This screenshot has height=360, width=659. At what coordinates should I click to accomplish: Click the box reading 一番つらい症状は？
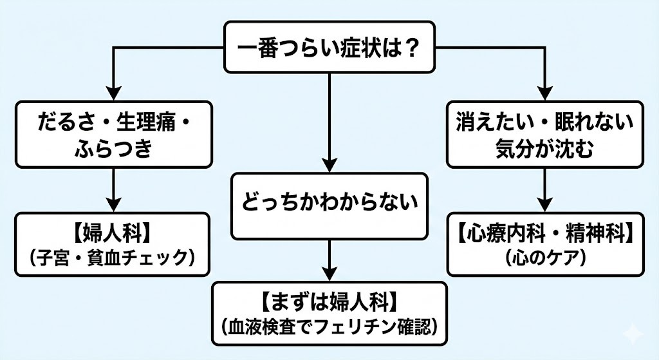[329, 48]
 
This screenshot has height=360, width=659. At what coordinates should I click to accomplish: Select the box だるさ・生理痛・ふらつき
[113, 133]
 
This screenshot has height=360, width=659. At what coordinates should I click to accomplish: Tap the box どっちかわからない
[329, 205]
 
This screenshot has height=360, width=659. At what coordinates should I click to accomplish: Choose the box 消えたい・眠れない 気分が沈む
[545, 133]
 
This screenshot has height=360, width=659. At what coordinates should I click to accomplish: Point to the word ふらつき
[113, 149]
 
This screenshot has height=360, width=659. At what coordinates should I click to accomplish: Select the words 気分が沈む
[545, 149]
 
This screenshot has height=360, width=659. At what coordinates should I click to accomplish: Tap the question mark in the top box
[422, 48]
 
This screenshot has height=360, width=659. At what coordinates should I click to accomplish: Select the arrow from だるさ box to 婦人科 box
[113, 189]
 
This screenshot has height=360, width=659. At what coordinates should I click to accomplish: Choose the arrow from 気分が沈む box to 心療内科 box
[545, 189]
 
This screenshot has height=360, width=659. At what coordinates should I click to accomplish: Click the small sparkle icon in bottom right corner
[632, 334]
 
